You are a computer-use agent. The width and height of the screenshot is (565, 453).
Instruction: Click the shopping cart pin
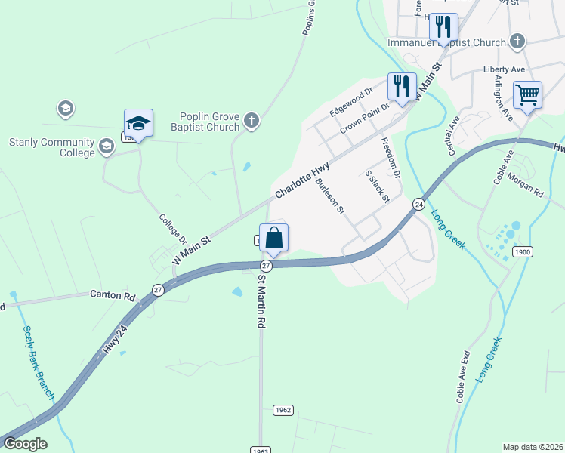527,96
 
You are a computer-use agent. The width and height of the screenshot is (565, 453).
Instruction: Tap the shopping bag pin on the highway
274,239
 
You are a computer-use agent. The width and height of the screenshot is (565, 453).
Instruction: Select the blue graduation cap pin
139,123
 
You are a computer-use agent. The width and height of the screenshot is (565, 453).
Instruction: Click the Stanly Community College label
51,147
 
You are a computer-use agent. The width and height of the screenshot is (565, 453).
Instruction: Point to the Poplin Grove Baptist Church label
208,122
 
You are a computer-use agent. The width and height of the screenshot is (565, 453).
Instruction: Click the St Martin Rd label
261,300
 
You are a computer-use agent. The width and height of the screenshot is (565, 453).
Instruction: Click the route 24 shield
418,204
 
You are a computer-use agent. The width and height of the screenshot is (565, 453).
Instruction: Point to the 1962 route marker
282,410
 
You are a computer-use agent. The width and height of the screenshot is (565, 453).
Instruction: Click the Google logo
25,444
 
